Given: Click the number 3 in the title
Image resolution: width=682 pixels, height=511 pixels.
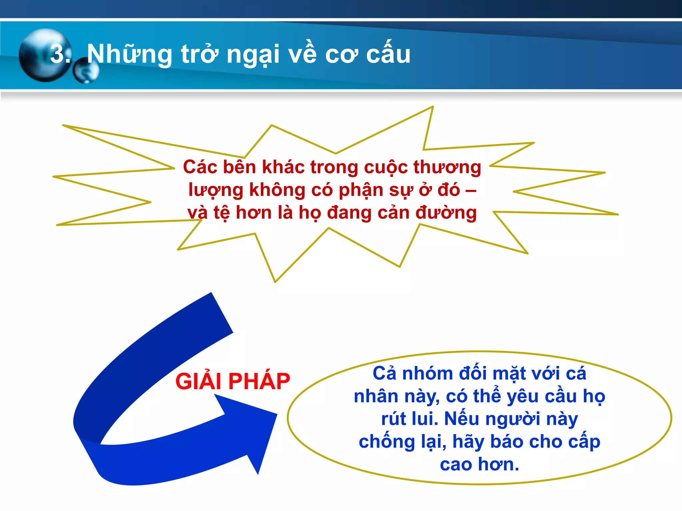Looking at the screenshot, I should (x=57, y=54).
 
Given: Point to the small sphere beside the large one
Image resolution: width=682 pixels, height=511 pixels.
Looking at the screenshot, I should (x=86, y=71).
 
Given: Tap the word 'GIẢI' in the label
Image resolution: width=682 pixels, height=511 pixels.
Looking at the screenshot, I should (x=199, y=381).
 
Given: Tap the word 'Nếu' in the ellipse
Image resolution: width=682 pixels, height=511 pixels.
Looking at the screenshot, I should (x=462, y=419).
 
